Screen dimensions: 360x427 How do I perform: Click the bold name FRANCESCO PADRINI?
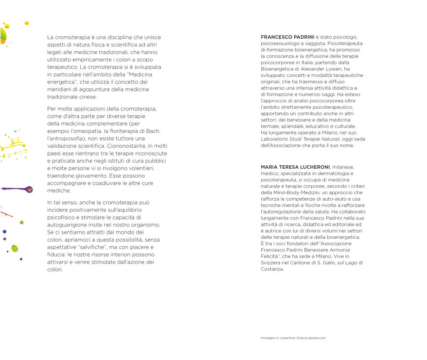tap(287, 37)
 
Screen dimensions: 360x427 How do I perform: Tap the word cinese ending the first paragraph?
tap(87, 97)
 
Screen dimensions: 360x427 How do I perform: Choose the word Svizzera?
tap(272, 263)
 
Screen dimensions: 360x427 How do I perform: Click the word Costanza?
tap(272, 269)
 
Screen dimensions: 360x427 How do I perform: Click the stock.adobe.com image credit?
tap(311, 338)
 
